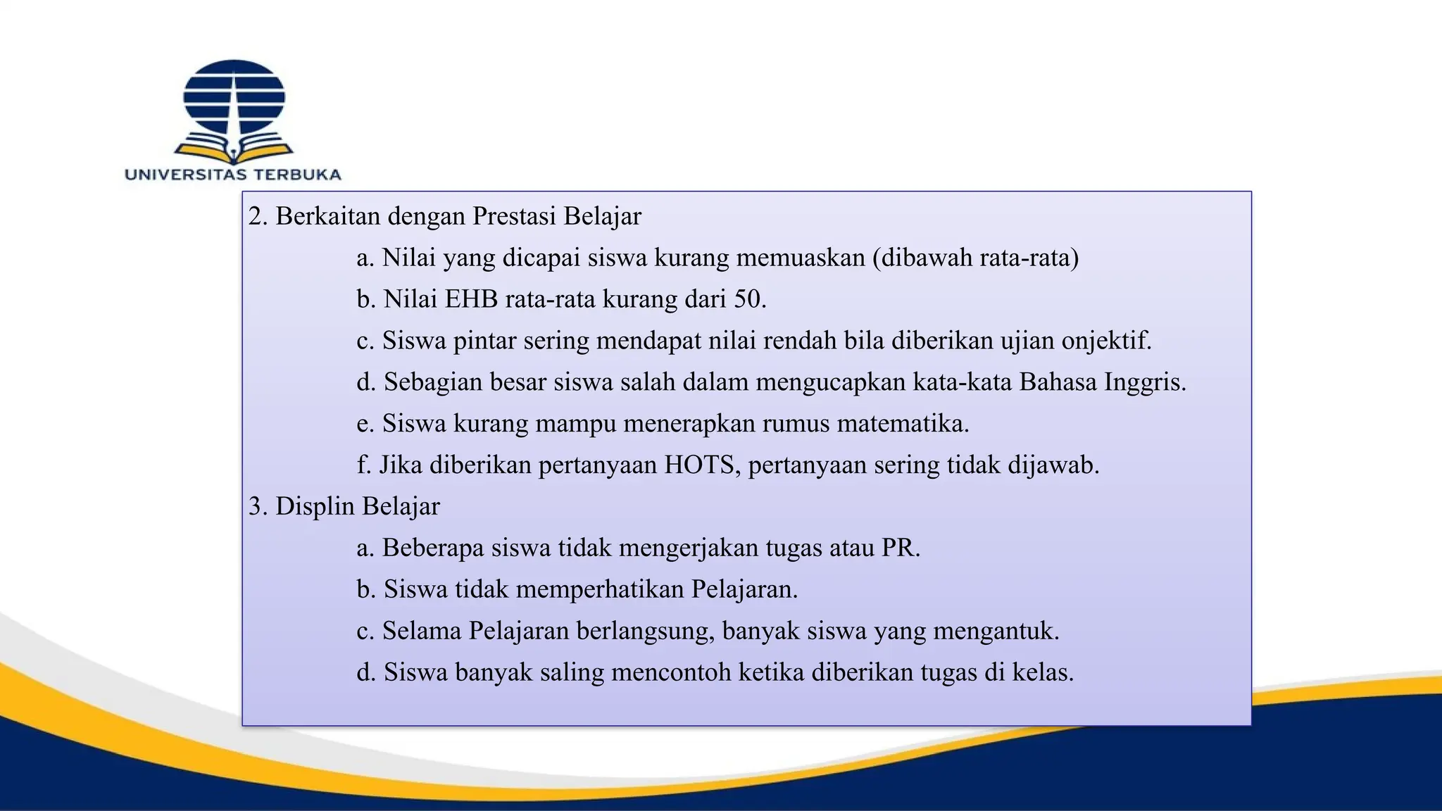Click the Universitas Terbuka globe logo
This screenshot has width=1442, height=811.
pyautogui.click(x=234, y=99)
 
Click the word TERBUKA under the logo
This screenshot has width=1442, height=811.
pyautogui.click(x=297, y=175)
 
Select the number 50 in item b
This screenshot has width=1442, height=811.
pyautogui.click(x=748, y=299)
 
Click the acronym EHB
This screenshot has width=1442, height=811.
pyautogui.click(x=470, y=299)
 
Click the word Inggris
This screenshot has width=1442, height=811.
pyautogui.click(x=1143, y=382)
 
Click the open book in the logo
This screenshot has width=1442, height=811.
pyautogui.click(x=234, y=150)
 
